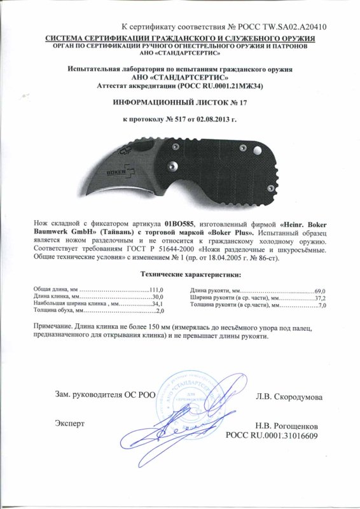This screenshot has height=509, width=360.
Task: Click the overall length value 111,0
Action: tap(156, 291)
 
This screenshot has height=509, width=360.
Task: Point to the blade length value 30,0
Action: tap(158, 297)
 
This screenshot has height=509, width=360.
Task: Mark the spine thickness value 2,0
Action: tap(160, 311)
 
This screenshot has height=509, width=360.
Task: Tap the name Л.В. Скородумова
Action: tap(289, 396)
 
